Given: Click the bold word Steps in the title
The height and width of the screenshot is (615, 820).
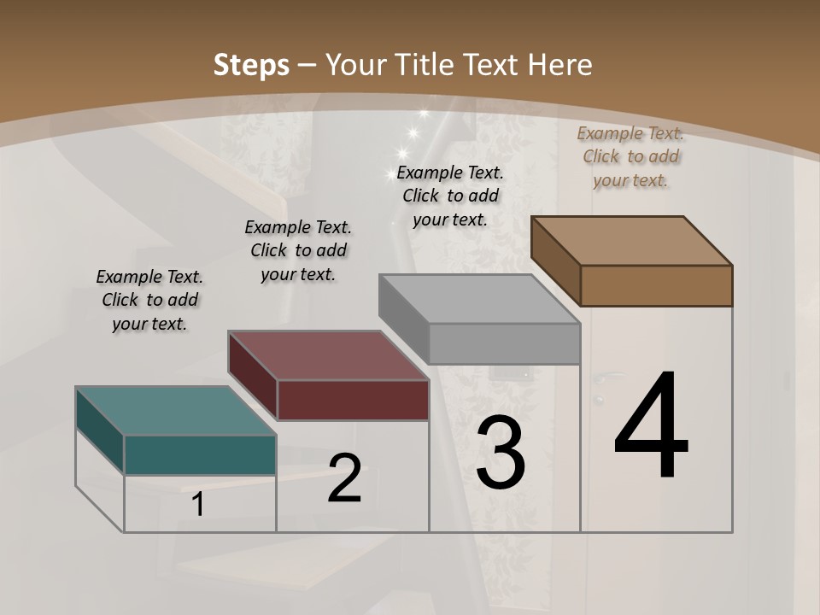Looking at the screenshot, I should click(x=251, y=65).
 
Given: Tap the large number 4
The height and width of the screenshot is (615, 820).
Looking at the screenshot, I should click(x=652, y=426).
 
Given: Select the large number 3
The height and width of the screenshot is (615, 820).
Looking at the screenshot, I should click(x=501, y=452).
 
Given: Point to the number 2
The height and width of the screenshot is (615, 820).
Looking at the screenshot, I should click(x=345, y=479).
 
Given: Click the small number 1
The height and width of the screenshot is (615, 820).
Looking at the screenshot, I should click(x=198, y=505).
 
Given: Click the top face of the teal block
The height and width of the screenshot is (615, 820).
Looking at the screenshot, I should click(x=175, y=411).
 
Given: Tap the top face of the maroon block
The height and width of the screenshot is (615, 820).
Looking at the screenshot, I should click(x=328, y=354).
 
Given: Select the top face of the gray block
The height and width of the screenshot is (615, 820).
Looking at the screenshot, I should click(x=479, y=299).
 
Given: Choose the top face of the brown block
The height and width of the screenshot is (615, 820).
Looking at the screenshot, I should click(x=631, y=241).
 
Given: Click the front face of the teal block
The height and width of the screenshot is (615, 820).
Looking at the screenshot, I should click(x=200, y=454).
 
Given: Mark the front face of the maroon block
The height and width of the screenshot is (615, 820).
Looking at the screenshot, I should click(x=353, y=400).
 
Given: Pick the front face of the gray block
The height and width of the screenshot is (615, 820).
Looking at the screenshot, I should click(x=504, y=343).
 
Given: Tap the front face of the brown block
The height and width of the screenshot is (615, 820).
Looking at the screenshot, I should click(x=656, y=285).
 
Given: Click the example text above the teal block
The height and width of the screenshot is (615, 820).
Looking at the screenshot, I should click(x=149, y=300).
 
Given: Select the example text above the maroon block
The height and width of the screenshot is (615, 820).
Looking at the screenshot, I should click(x=298, y=250).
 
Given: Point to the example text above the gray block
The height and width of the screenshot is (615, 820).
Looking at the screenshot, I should click(x=450, y=196).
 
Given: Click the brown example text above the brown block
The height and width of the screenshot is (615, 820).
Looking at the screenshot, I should click(x=630, y=156).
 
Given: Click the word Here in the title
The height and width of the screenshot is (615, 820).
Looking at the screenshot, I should click(x=560, y=65).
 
